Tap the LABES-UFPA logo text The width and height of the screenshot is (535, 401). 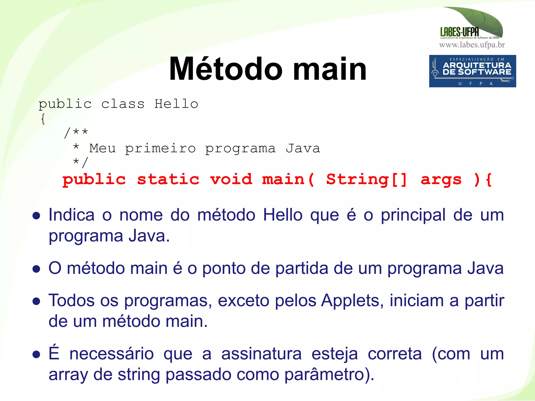(460, 32)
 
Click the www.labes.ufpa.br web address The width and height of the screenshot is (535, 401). (472, 45)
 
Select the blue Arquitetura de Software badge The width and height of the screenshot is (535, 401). (472, 71)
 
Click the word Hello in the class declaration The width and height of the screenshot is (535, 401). (176, 104)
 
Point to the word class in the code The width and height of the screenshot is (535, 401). (123, 104)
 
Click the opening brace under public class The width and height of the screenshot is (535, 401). (43, 119)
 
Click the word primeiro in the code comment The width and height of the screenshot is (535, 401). (160, 149)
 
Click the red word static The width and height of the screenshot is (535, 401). (168, 179)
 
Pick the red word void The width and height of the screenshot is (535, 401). (231, 179)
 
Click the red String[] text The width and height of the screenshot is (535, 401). (367, 179)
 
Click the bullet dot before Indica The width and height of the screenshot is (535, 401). (36, 216)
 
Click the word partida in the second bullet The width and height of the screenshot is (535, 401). (302, 268)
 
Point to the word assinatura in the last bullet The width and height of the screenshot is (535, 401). (261, 354)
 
